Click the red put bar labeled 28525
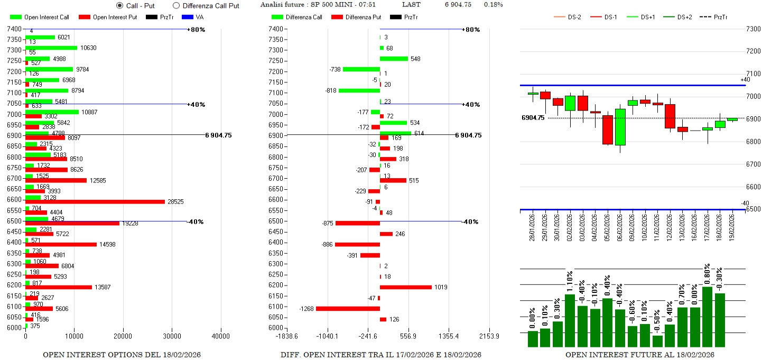95,201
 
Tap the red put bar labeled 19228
72,223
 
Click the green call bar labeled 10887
52,112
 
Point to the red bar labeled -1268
348,309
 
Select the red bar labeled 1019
405,287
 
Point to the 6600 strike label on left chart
15,200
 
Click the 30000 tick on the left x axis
172,336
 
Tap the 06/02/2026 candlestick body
620,127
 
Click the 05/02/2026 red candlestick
608,130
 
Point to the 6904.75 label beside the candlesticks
533,118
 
